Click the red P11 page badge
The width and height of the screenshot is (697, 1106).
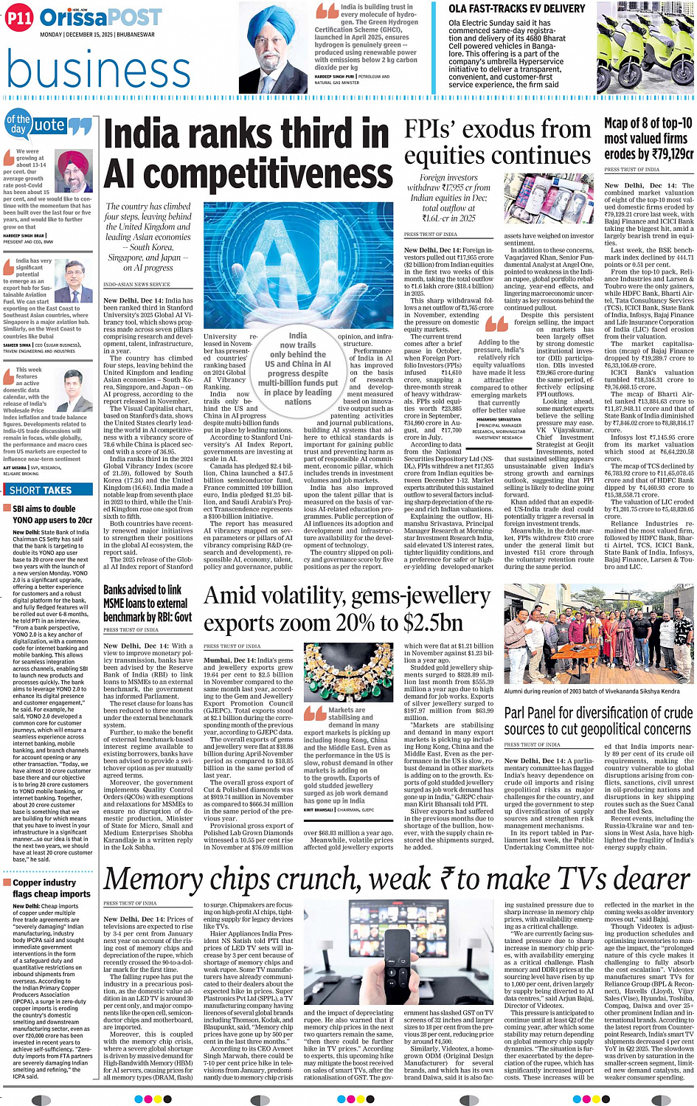(19, 18)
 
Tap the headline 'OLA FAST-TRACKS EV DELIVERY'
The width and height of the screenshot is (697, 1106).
(516, 9)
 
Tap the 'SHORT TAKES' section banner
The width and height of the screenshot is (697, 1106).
(41, 490)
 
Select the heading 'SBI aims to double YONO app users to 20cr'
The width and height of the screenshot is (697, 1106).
(52, 514)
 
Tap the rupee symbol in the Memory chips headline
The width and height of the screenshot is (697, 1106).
(468, 880)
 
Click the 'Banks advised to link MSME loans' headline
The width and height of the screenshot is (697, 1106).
(147, 603)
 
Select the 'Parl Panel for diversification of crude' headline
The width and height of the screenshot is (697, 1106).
(597, 721)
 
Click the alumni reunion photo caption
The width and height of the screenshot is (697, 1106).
(592, 691)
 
